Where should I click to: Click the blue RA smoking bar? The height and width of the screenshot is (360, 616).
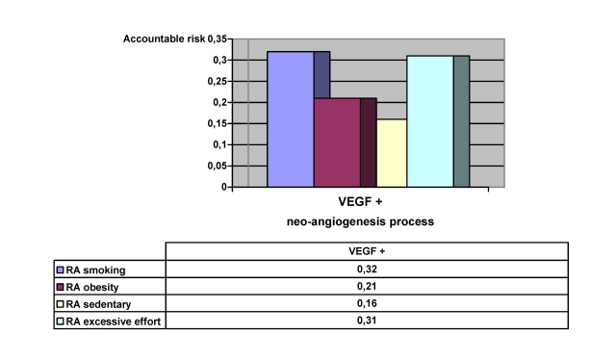point(291,118)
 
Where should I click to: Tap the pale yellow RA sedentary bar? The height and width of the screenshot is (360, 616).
point(391,153)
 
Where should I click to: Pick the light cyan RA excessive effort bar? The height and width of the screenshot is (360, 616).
point(429,120)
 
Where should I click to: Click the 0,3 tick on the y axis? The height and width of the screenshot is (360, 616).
point(220,60)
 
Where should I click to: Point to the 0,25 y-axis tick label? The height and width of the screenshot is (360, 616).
point(218,81)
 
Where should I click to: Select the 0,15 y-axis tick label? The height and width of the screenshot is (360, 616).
point(218,123)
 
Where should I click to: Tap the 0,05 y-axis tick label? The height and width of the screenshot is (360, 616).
point(218,166)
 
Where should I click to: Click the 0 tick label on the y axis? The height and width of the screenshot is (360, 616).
point(227,187)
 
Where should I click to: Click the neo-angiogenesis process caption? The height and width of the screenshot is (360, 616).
point(360,221)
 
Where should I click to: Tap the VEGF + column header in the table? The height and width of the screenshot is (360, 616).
point(360,251)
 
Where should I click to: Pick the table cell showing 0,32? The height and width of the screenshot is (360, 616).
point(360,269)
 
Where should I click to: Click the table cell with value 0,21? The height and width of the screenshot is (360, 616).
point(360,286)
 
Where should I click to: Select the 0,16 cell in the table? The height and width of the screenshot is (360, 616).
point(360,303)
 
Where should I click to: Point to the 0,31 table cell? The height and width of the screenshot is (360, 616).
point(360,321)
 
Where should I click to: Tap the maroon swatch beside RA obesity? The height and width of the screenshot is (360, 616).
point(61,286)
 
